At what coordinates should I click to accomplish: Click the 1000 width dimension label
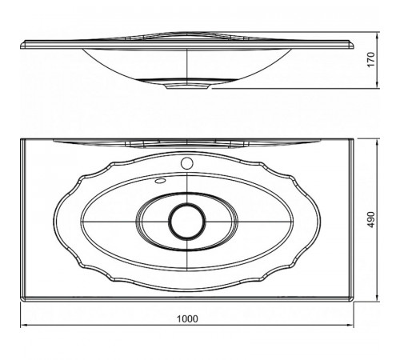[187, 318]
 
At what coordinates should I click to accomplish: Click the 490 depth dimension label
[371, 220]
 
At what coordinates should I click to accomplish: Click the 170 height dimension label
[371, 60]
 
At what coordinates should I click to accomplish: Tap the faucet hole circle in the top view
[187, 163]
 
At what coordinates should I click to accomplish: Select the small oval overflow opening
[160, 181]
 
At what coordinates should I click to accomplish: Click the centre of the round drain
[187, 221]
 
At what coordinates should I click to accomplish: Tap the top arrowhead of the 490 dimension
[377, 142]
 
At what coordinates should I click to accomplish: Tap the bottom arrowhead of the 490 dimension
[377, 298]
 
